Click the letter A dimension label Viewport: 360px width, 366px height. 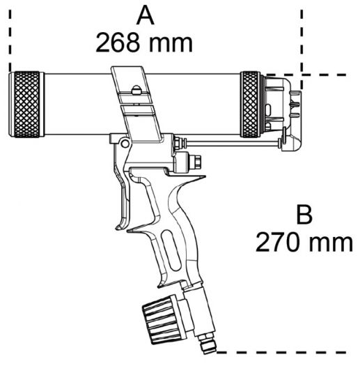tap(145, 17)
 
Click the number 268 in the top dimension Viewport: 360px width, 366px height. tap(118, 43)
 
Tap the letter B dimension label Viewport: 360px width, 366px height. tap(304, 215)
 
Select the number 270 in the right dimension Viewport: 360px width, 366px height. tap(278, 243)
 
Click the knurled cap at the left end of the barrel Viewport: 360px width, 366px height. tap(26, 105)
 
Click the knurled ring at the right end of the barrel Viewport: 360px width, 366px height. tap(251, 105)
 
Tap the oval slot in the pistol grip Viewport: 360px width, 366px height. tap(171, 250)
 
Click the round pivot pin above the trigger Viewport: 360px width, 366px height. tap(125, 144)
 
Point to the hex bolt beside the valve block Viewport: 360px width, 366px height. tap(196, 161)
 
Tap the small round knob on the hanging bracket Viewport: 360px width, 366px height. tap(136, 90)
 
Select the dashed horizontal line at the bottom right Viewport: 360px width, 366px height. tap(281, 352)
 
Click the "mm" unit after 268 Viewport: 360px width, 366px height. tap(171, 45)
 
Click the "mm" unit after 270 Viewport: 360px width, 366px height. tap(331, 245)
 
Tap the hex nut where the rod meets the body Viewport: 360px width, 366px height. tap(178, 143)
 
